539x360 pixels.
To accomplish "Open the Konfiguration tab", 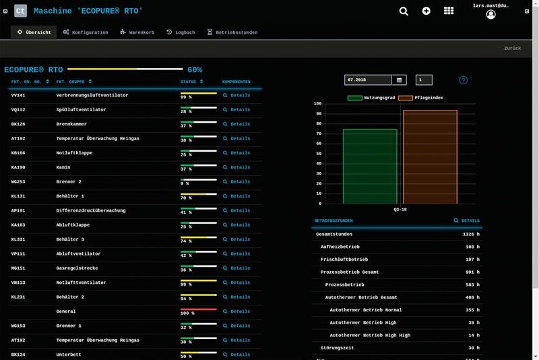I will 86,32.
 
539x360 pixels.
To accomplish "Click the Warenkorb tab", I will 137,32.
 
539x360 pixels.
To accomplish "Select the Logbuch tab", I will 181,32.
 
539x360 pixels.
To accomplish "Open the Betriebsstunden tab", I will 232,32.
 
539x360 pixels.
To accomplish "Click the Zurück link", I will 512,49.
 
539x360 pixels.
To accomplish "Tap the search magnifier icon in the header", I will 404,11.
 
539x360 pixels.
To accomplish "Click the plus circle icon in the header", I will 426,11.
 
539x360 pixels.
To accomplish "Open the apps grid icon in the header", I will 449,11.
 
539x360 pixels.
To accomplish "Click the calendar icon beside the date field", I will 400,80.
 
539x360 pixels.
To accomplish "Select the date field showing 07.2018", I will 368,80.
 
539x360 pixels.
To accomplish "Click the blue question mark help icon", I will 463,80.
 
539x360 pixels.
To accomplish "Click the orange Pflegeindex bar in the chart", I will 430,156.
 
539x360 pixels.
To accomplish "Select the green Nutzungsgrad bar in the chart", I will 370,166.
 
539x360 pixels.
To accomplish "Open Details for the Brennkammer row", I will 236,125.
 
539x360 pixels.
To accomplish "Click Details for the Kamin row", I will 236,168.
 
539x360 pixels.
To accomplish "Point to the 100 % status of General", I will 187,313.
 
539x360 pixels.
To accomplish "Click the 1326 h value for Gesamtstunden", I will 471,235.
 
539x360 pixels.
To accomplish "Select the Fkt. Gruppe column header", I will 71,82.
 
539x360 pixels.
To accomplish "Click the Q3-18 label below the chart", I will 400,210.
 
